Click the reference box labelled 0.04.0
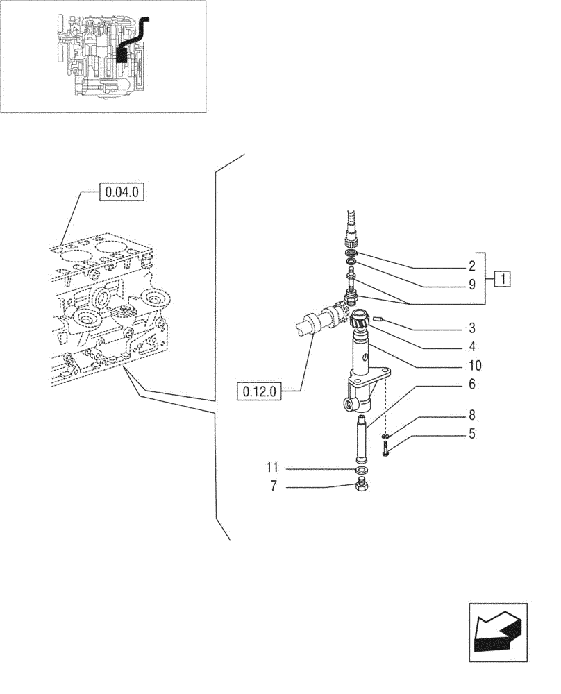click(122, 191)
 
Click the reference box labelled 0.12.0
click(259, 391)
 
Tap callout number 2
click(471, 266)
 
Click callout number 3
click(471, 327)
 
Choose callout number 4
click(471, 345)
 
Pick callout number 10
click(475, 365)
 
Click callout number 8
click(471, 417)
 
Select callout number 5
click(471, 435)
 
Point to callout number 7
click(274, 487)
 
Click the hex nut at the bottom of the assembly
click(360, 486)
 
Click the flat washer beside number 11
click(360, 470)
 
